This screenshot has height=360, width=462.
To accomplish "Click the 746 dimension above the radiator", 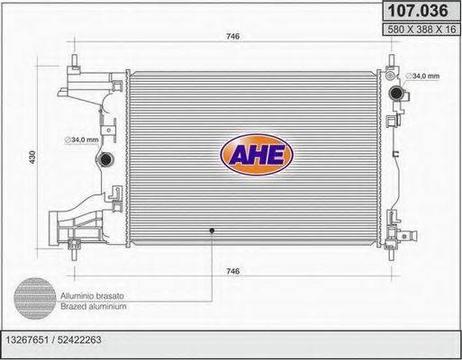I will (232, 37).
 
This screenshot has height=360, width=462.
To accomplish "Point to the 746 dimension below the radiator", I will (232, 271).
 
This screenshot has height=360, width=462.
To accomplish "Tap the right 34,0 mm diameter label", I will (421, 76).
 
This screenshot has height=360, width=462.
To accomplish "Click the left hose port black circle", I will (104, 159).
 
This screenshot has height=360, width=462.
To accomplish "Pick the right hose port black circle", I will (396, 93).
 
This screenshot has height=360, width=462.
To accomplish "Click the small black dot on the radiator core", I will (212, 230).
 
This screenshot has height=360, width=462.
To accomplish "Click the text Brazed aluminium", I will (94, 306).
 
